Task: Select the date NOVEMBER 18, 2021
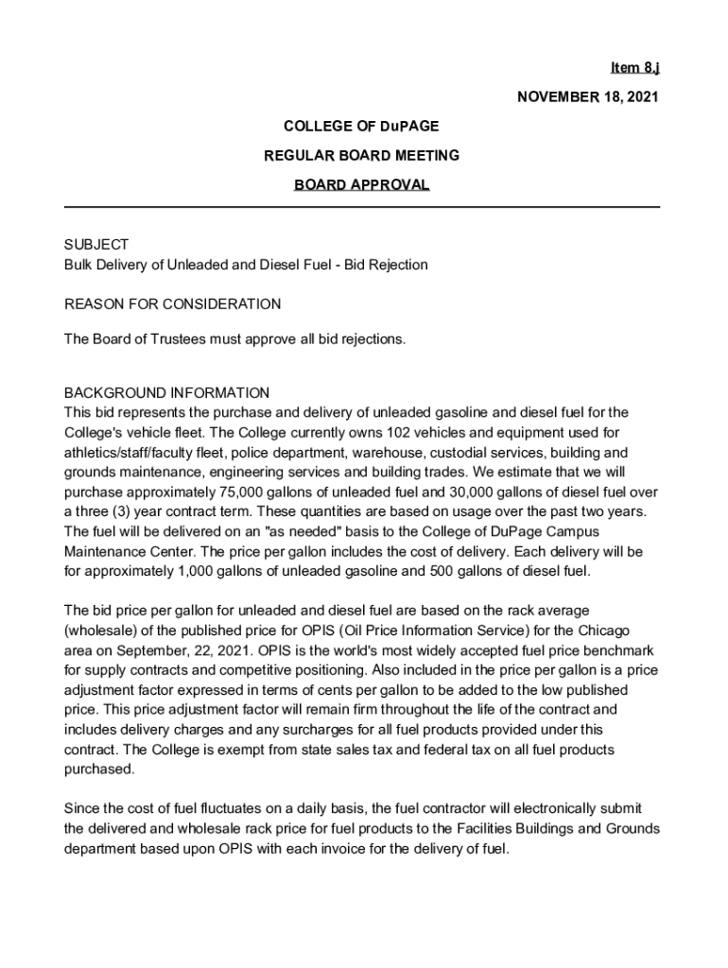tap(586, 97)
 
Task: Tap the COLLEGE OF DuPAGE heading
tap(361, 126)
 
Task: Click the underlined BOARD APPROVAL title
tap(361, 184)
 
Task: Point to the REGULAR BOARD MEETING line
tap(361, 155)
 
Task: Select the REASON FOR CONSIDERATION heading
tap(172, 304)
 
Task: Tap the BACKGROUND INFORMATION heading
tap(166, 392)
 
